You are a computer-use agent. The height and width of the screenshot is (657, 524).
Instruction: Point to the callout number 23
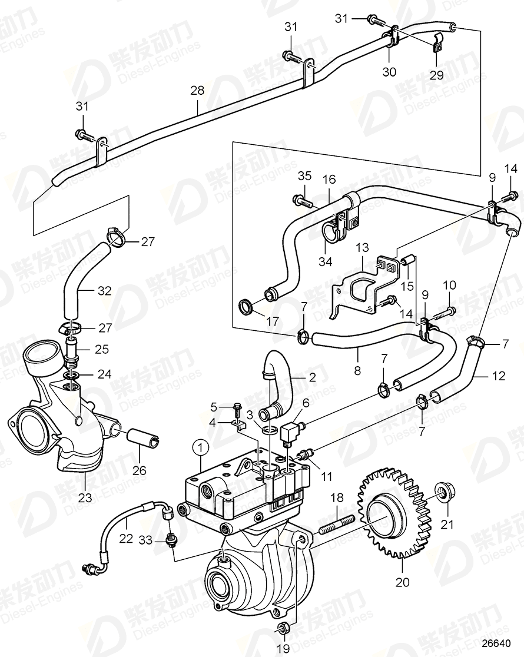tap(86, 497)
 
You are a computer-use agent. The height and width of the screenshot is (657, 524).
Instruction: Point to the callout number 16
tap(329, 179)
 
